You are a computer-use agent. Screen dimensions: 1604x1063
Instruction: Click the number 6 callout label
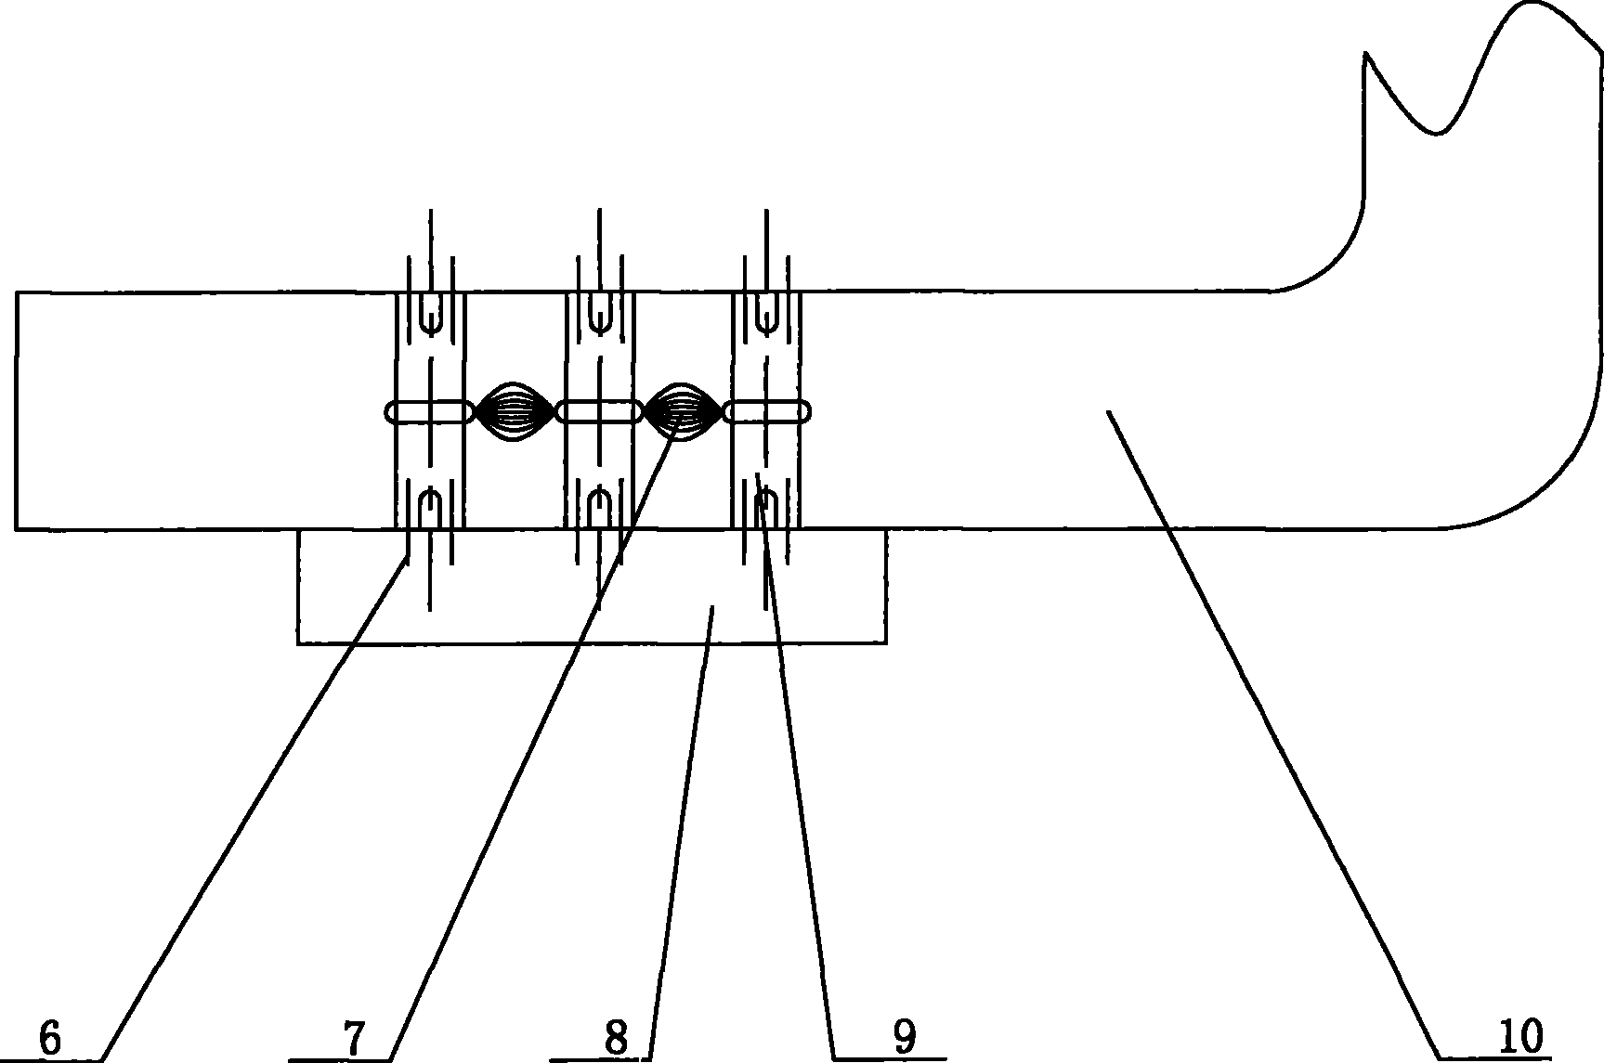[x=51, y=1037]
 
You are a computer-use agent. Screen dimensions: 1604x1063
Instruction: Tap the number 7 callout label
[x=355, y=1037]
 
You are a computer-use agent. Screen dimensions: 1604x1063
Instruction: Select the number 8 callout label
[x=616, y=1037]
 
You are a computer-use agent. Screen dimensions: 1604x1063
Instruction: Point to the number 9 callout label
[x=904, y=1037]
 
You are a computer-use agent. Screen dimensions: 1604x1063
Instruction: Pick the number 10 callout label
[x=1519, y=1037]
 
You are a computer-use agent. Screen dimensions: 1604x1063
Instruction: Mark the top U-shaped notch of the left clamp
[x=429, y=313]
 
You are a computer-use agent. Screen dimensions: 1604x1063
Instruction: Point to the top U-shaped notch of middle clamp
[x=599, y=313]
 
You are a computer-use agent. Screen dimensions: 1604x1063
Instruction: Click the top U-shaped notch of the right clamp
[x=766, y=313]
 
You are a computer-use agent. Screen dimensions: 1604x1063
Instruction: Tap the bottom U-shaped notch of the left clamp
[x=429, y=510]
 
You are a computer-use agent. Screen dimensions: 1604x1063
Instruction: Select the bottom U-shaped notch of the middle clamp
[x=599, y=510]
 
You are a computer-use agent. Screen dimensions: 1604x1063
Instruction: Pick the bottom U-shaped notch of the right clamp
[x=766, y=510]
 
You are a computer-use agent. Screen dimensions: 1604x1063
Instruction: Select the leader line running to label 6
[x=254, y=808]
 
